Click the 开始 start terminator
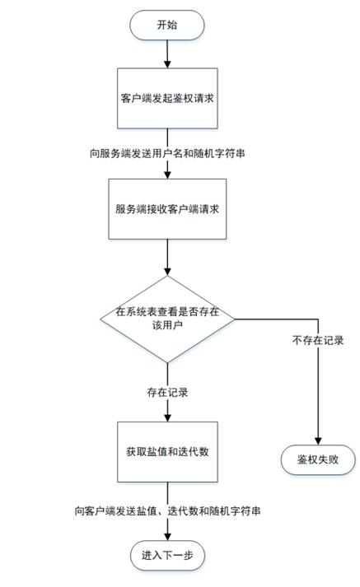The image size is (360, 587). (x=167, y=25)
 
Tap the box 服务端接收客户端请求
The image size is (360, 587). (x=167, y=209)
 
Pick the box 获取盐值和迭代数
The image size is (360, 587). (x=167, y=454)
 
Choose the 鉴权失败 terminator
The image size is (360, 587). (x=319, y=459)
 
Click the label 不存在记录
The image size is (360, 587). (x=318, y=340)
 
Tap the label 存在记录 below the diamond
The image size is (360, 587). (x=167, y=392)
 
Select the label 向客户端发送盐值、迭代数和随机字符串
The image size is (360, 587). (x=168, y=511)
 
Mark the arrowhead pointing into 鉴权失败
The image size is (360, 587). (x=319, y=441)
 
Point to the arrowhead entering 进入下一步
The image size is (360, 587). (x=167, y=537)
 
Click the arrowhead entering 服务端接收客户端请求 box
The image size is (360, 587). (x=167, y=174)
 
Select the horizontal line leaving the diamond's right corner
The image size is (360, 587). (x=276, y=318)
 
